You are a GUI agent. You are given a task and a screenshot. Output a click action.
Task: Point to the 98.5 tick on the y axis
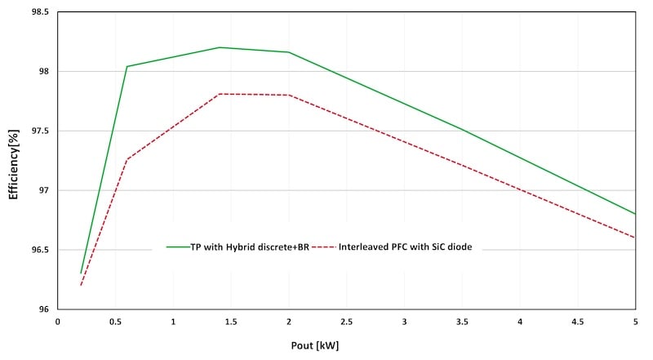click(38, 12)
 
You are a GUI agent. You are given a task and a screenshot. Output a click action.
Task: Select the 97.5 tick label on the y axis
click(38, 131)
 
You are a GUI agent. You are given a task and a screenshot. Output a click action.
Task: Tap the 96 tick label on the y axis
click(42, 309)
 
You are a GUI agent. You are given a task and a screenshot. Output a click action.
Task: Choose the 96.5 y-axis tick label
click(38, 250)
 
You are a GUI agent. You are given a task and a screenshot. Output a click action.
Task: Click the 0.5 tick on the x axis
click(115, 322)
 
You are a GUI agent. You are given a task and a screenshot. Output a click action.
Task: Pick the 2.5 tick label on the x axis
click(346, 322)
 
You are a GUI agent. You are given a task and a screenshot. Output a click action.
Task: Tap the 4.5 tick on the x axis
click(577, 322)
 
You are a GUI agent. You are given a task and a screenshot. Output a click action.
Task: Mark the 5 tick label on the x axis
click(634, 322)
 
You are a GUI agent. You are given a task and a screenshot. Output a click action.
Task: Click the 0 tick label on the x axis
click(58, 322)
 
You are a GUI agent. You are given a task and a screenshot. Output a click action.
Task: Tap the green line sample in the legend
click(178, 246)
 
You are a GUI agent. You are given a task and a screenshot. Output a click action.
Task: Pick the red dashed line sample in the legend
click(323, 246)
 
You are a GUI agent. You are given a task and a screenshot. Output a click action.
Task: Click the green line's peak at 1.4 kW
click(220, 47)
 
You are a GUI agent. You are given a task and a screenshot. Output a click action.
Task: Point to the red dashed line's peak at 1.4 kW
click(220, 94)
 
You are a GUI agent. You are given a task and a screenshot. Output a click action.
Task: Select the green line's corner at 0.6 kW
click(127, 66)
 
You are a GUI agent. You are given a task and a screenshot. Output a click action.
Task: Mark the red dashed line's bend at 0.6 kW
click(127, 159)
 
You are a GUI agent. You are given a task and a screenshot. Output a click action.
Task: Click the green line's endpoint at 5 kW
click(635, 214)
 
